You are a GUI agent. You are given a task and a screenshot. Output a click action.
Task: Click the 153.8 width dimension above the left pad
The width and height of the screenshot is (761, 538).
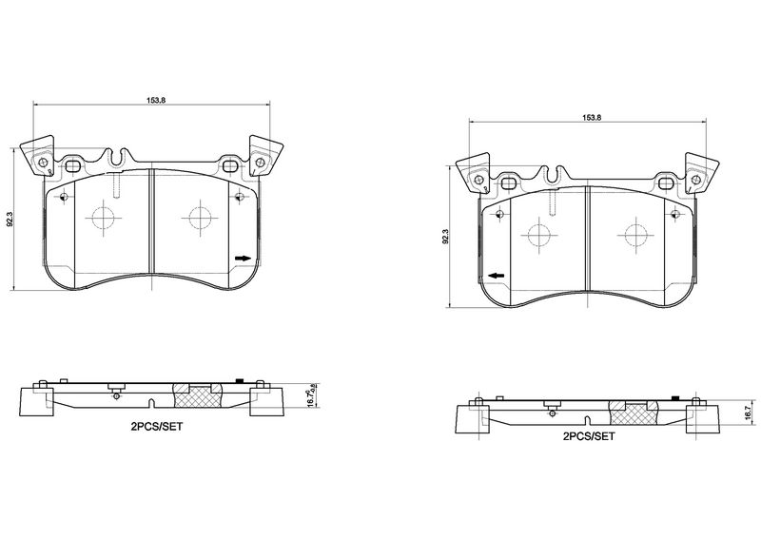click(151, 99)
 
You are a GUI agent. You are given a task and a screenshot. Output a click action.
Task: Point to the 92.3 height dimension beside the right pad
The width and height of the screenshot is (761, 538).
click(445, 238)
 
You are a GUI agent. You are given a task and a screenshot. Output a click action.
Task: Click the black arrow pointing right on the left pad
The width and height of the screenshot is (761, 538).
click(243, 258)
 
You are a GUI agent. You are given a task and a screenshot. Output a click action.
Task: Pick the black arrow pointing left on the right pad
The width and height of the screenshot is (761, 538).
click(495, 276)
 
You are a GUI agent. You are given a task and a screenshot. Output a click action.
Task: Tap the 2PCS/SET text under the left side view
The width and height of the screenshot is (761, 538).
click(156, 428)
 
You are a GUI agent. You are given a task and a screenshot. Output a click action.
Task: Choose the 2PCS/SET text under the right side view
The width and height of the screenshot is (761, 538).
click(589, 436)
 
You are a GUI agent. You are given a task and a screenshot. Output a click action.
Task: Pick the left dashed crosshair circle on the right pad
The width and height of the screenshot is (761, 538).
click(538, 235)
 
